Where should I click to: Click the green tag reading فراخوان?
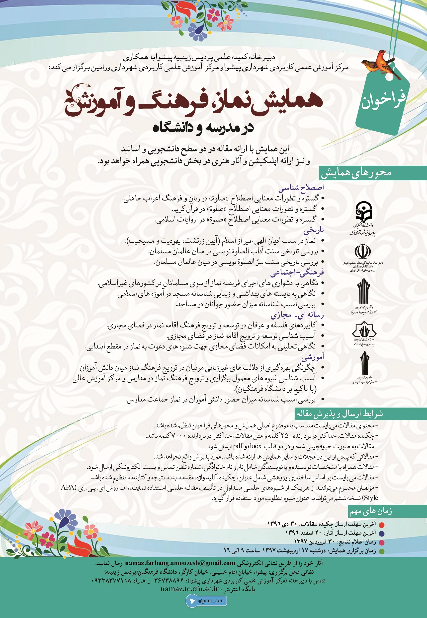383,100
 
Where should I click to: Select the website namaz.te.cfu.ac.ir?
189,589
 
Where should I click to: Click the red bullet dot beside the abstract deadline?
382,525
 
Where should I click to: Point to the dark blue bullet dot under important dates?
382,534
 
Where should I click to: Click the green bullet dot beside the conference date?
382,551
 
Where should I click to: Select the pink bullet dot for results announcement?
382,542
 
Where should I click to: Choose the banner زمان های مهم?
371,512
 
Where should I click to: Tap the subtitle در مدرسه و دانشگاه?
203,128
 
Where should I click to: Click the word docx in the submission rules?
255,446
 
